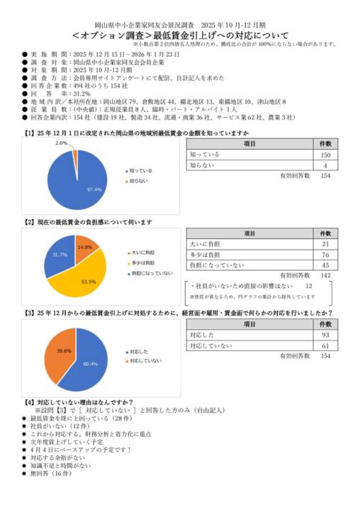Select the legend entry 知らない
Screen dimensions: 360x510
click(137, 182)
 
